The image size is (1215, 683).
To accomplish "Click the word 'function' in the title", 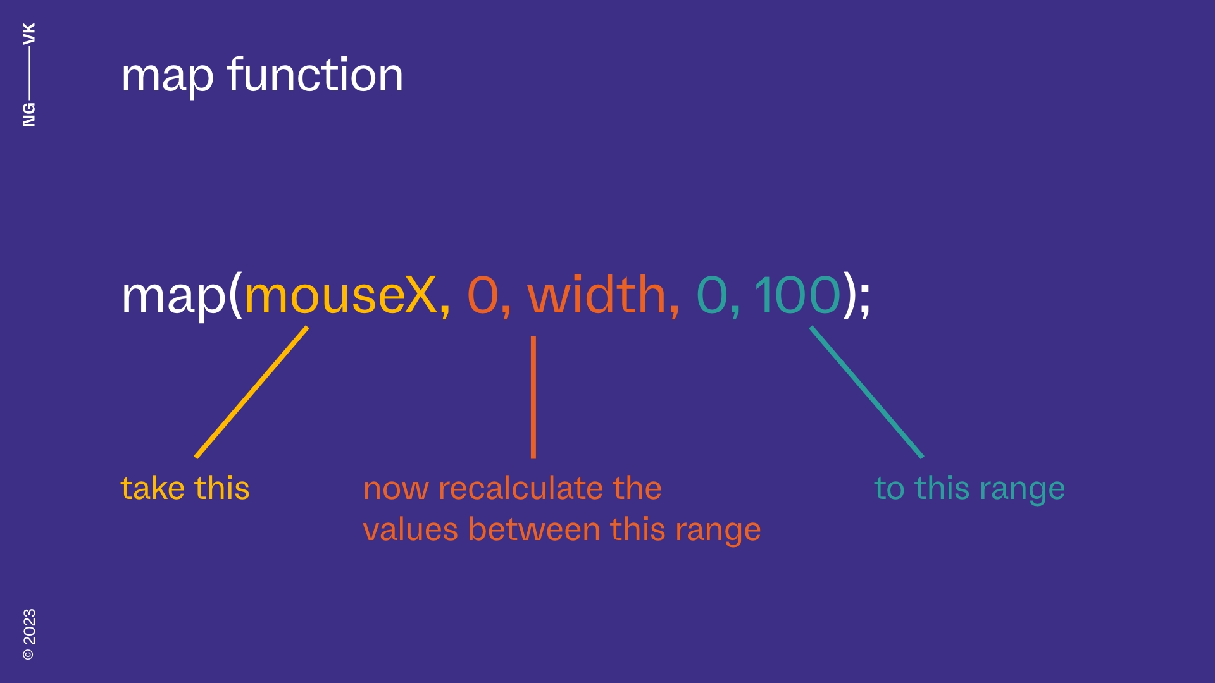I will [x=315, y=75].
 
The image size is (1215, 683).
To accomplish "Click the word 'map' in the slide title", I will [x=167, y=77].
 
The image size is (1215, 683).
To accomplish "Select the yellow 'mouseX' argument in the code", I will [x=340, y=295].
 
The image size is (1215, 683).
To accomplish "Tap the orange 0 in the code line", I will [x=482, y=295].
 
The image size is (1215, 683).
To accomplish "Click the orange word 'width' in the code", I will [x=597, y=295].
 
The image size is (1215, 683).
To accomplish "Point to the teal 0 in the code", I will [x=711, y=295].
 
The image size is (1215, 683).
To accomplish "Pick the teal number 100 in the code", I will [x=797, y=295].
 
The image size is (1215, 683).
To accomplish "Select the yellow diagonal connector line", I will [x=252, y=392].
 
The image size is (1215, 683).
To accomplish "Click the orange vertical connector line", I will [x=533, y=397].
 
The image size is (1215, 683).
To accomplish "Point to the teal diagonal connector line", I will [x=866, y=392].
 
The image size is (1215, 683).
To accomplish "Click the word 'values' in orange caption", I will [x=410, y=529].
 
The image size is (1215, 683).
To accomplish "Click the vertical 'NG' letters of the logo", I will [x=29, y=114].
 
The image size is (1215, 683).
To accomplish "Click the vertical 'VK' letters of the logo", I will [x=29, y=34].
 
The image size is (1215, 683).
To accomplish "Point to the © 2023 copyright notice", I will [x=29, y=634].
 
